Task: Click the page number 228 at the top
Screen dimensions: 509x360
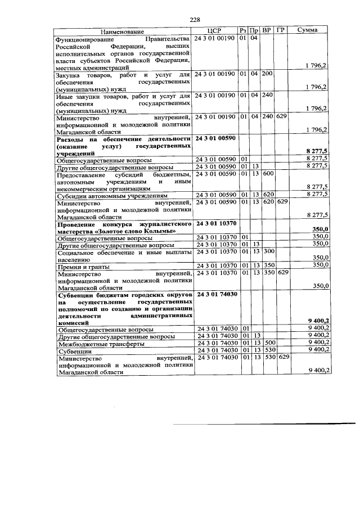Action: [195, 20]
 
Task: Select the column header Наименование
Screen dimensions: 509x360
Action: [123, 31]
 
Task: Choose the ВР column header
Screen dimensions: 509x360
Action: [267, 31]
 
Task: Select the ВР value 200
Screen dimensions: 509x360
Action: [267, 74]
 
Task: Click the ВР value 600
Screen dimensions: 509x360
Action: [268, 174]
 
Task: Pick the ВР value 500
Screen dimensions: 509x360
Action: [268, 342]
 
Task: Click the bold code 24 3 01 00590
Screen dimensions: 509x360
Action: [215, 138]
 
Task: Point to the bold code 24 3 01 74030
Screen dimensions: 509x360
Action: [215, 294]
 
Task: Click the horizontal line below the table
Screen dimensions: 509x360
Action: [264, 422]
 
